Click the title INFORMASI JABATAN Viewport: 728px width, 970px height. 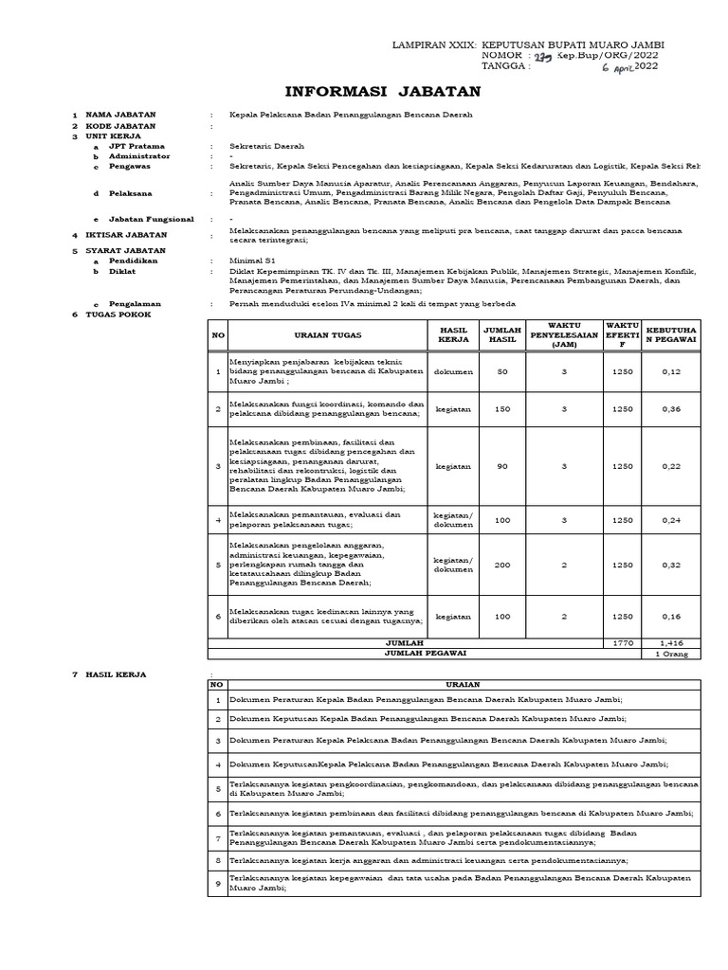[383, 92]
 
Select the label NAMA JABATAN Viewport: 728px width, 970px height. [120, 115]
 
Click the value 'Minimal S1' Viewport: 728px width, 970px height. [251, 260]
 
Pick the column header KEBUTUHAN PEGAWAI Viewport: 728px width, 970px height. [671, 335]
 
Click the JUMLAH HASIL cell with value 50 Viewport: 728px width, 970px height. [502, 371]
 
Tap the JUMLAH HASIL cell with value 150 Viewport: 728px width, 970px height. [502, 409]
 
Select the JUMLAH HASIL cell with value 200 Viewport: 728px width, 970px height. [502, 565]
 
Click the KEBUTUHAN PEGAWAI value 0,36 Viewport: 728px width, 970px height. [671, 409]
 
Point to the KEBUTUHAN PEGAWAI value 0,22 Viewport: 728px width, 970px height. [671, 466]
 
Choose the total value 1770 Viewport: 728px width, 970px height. [622, 643]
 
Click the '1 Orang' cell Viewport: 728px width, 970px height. [671, 654]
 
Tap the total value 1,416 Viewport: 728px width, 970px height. [671, 643]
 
